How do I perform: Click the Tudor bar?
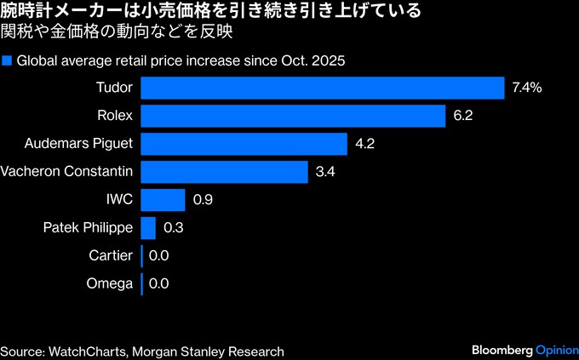click(x=323, y=88)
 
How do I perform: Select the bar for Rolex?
click(x=293, y=116)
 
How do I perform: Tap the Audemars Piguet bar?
click(x=244, y=144)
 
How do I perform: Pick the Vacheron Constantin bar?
click(x=224, y=172)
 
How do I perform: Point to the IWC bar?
click(x=163, y=200)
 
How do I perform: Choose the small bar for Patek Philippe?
click(x=148, y=228)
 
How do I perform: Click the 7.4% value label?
click(x=528, y=88)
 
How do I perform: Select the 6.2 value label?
click(x=463, y=116)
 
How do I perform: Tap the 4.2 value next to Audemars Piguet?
click(x=365, y=144)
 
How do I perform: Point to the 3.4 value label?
click(x=326, y=172)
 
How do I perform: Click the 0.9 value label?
click(x=203, y=200)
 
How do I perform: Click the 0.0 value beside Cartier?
click(x=158, y=255)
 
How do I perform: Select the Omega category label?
click(x=111, y=283)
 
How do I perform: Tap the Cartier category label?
click(x=111, y=255)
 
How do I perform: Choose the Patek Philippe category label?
click(x=88, y=228)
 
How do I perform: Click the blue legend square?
click(x=7, y=61)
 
